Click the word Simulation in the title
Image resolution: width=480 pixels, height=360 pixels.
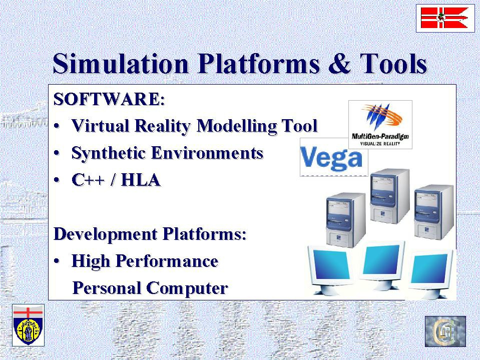[121, 64]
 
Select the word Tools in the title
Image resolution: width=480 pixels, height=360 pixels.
[393, 64]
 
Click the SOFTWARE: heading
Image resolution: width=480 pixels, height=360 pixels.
[109, 99]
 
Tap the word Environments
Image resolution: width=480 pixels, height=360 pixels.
[207, 153]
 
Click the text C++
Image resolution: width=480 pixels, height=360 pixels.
[88, 180]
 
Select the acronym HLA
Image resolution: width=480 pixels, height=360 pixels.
[141, 180]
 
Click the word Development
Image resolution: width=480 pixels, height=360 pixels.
[106, 234]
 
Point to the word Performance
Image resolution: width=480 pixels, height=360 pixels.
[167, 261]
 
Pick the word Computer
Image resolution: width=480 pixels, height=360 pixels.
[187, 288]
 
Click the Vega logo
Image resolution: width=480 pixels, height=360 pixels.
[332, 158]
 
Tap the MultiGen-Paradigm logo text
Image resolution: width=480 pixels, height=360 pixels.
[380, 137]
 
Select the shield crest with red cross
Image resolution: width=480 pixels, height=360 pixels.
[28, 325]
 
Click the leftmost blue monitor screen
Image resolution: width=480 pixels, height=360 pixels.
[331, 264]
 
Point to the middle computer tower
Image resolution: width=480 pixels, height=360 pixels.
[389, 196]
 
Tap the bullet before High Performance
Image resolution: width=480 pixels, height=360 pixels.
[57, 261]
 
